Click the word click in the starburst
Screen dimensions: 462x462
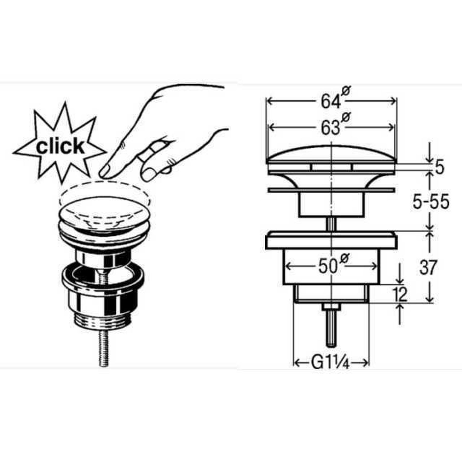pos(60,147)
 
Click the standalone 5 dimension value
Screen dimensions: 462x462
pos(439,168)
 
